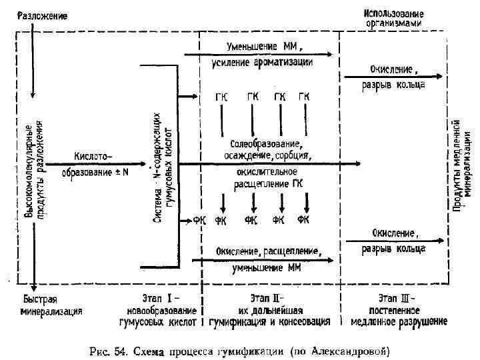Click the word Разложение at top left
43,15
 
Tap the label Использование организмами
394,18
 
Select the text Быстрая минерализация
51,305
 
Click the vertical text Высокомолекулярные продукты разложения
35,170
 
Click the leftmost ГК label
221,96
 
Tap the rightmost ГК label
304,96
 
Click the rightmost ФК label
304,220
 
